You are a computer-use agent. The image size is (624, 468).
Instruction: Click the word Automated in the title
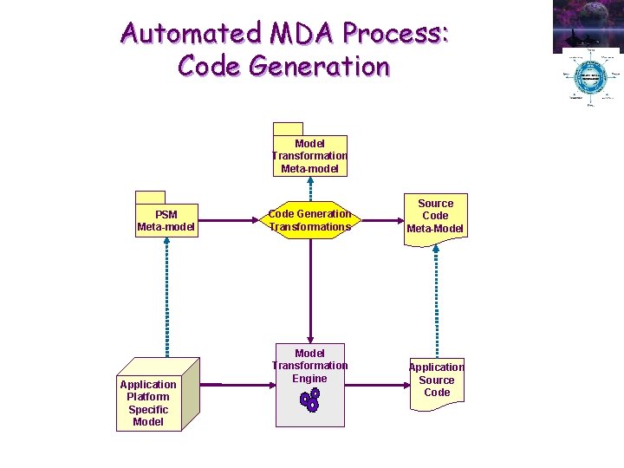point(192,33)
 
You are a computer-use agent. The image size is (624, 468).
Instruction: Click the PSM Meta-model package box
point(166,221)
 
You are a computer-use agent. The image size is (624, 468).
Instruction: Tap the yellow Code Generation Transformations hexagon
point(309,220)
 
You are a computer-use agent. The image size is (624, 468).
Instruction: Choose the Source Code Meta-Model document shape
point(436,218)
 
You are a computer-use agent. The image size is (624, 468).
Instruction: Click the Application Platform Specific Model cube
point(155,399)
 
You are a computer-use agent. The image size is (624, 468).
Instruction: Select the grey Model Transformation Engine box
point(309,387)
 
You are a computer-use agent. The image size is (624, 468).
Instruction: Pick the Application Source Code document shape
point(436,381)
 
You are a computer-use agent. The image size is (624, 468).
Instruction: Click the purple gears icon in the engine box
point(309,399)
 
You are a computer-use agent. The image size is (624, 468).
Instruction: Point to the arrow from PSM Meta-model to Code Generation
point(229,220)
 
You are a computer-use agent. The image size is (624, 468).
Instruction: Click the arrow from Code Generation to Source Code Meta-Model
point(380,220)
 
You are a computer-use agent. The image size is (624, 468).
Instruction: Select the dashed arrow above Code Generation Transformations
point(309,189)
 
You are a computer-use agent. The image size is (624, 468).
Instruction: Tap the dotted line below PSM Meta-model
point(166,295)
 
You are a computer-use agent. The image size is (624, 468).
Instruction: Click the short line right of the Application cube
point(211,384)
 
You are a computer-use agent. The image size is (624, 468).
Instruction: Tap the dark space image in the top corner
point(588,24)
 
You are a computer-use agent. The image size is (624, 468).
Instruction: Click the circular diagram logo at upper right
point(590,78)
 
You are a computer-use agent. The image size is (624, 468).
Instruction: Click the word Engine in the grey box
point(309,379)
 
